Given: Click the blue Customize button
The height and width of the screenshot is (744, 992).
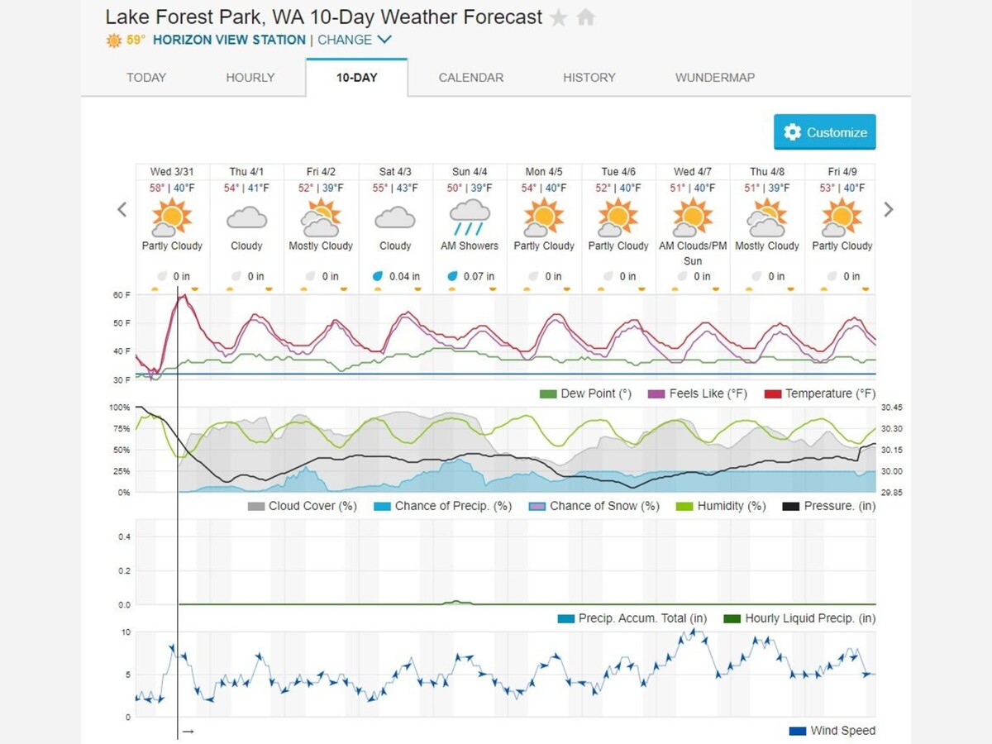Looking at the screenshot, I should coord(825,132).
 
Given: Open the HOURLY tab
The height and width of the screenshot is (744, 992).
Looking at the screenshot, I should coord(250,78).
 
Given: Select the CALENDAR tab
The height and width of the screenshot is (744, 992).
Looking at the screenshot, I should coord(470,78).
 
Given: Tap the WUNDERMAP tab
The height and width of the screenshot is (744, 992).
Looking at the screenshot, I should coord(714,78).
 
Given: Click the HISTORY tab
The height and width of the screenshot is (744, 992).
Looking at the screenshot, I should coord(589,78).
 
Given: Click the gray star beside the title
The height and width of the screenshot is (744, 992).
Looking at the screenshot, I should coord(559,17).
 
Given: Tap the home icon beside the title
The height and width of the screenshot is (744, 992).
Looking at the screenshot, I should coord(585,17).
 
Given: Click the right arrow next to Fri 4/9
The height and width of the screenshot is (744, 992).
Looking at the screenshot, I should coord(889,209).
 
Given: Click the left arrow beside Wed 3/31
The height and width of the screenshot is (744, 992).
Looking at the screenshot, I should coord(122,209).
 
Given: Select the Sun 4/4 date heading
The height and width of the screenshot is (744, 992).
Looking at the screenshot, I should coord(470,172).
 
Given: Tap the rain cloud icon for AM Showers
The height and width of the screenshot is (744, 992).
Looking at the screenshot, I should coord(470,217).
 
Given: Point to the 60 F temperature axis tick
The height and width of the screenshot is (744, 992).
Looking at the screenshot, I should coord(122,295).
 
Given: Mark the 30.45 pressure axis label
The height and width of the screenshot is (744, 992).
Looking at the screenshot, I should coord(891,408).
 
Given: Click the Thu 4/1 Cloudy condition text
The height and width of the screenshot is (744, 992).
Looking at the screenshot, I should coord(246,246).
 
